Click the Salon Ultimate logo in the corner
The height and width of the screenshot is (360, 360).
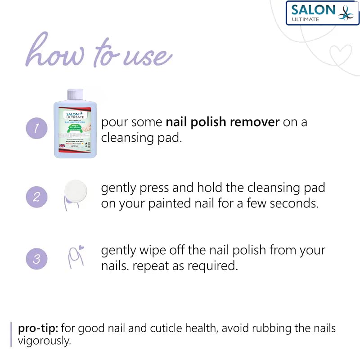(323, 13)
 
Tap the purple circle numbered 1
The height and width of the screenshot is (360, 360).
(36, 129)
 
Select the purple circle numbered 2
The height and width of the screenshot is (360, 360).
(36, 197)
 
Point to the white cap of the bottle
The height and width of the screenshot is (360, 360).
(75, 95)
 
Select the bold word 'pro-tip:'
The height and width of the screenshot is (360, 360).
(38, 328)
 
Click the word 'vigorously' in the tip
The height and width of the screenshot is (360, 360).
(44, 341)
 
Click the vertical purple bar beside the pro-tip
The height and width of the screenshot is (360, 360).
(11, 334)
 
